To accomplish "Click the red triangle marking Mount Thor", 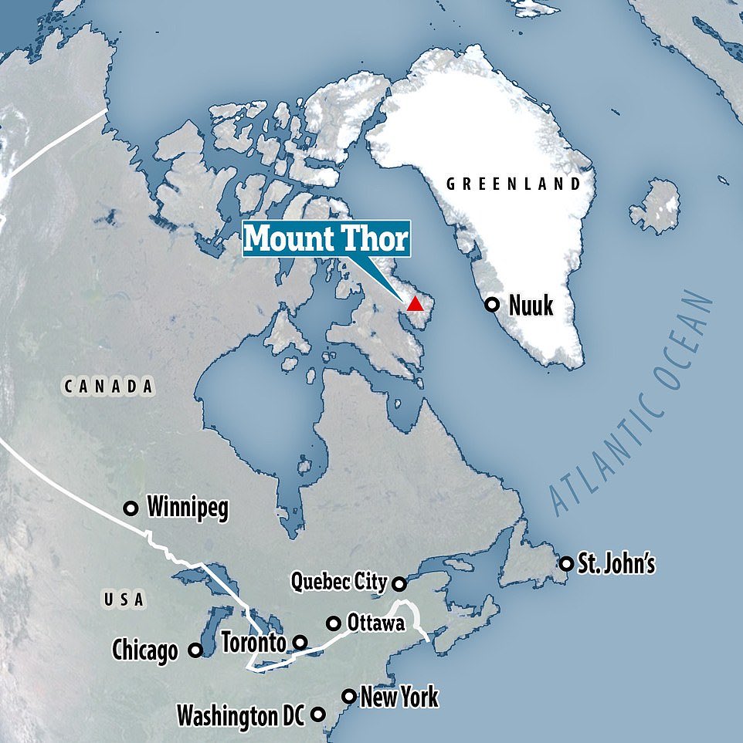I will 416,302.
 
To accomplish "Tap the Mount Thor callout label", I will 325,239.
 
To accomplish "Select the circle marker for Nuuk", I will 491,304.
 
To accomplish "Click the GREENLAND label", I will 514,184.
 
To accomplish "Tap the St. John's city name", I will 618,564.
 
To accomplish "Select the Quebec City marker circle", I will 399,583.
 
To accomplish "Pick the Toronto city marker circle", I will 300,642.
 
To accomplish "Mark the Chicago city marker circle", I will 195,650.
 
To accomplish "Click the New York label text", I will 399,697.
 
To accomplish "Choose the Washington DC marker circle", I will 317,714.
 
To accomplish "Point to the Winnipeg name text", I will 188,509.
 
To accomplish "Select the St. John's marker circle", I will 567,563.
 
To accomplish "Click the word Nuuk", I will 531,306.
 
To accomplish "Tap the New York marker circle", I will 349,697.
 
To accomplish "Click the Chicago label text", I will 144,651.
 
